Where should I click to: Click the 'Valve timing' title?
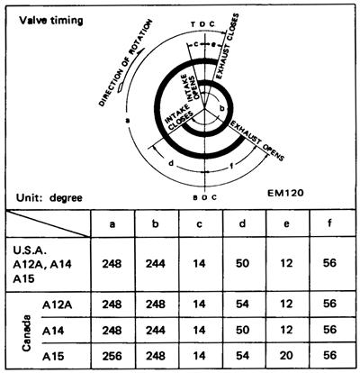pos(50,21)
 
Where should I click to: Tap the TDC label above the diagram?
pos(203,24)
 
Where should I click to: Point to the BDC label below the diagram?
pos(204,197)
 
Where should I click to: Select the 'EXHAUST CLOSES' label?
pos(228,46)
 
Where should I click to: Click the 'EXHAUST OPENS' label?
pos(256,141)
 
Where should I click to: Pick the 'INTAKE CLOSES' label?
pos(179,117)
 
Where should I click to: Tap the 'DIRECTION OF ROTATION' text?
pos(125,62)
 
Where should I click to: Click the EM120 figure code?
pos(285,193)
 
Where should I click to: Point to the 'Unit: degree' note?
pos(49,198)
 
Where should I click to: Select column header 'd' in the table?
pos(242,223)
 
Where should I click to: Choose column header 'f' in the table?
pos(329,223)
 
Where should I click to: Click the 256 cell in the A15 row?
pos(112,356)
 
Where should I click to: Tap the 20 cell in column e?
pos(286,356)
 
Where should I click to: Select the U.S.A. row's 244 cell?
pos(156,264)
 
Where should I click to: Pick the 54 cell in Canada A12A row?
pos(242,304)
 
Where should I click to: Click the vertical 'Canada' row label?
pos(26,332)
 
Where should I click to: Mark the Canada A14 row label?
pos(53,331)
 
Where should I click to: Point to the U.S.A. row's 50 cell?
pos(242,263)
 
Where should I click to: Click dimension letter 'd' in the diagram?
pos(171,163)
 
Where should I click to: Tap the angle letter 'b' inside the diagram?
pos(222,109)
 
